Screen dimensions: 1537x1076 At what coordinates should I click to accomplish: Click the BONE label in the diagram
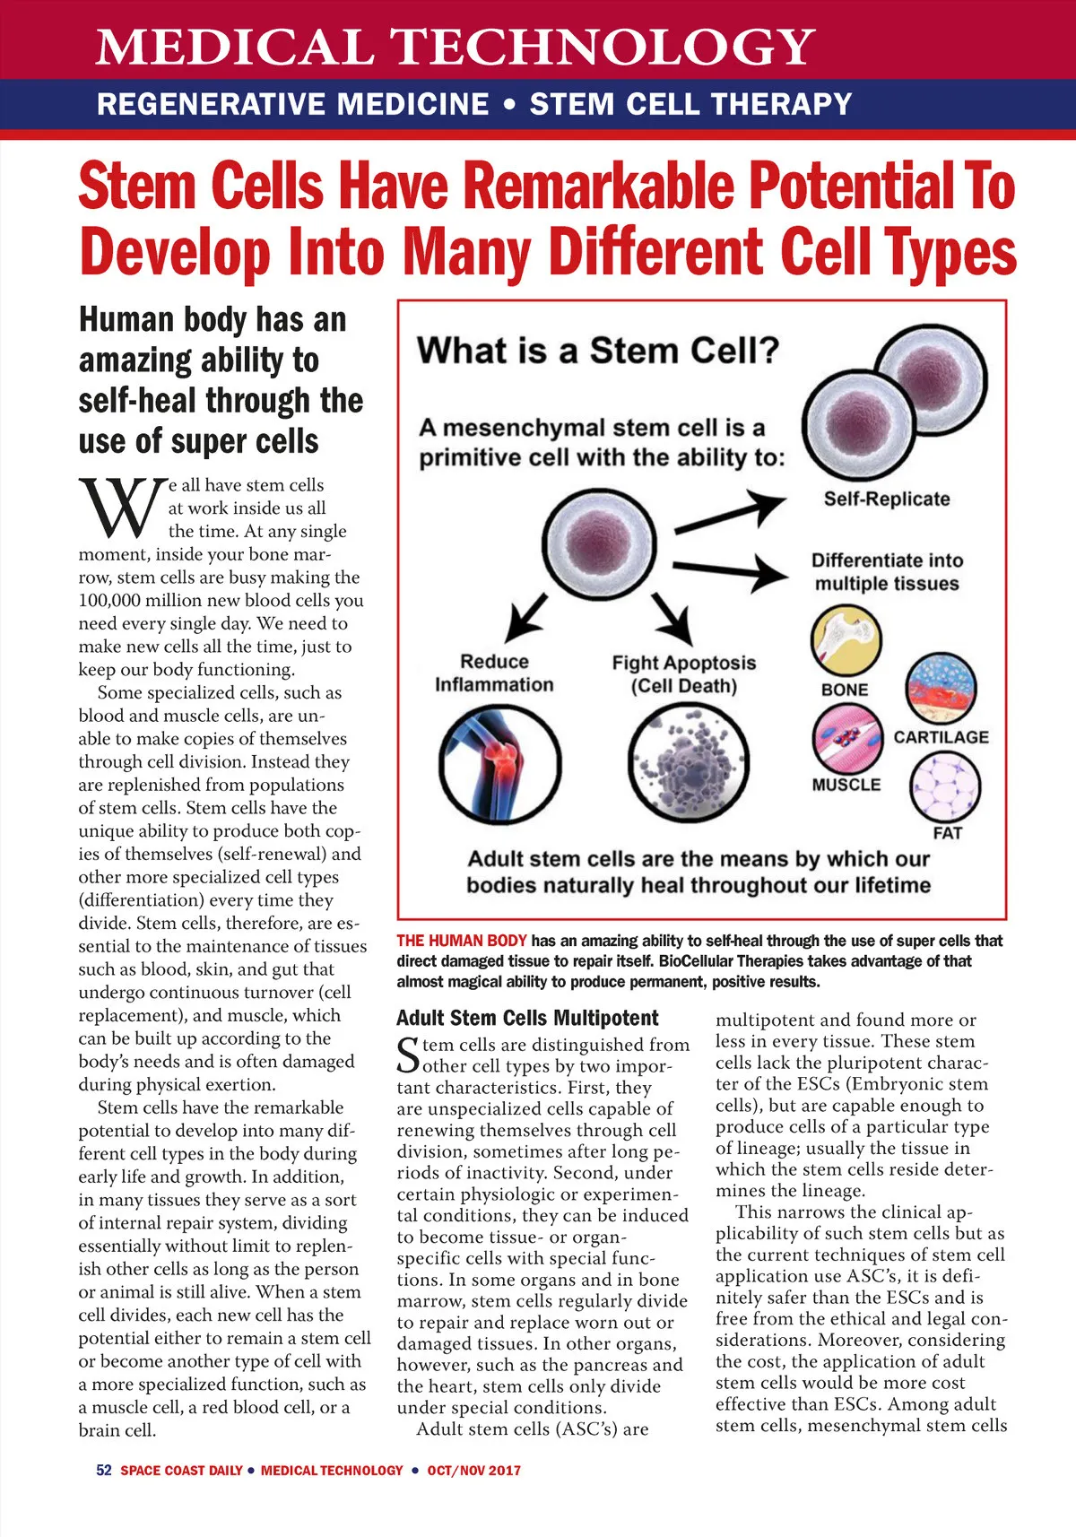[x=845, y=690]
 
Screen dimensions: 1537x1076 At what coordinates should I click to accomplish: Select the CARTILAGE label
[x=941, y=737]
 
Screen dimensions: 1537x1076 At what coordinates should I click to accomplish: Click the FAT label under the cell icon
[x=947, y=833]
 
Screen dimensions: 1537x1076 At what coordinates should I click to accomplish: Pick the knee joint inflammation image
[x=499, y=763]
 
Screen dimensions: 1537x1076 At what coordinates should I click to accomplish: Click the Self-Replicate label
[x=886, y=499]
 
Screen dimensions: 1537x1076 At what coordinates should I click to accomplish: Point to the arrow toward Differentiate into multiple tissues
[x=730, y=570]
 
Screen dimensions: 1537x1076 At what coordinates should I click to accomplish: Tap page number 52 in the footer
[x=104, y=1471]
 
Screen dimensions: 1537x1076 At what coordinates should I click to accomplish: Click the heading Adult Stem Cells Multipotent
[x=527, y=1018]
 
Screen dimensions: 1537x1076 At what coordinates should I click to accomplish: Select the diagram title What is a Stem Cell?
[x=598, y=350]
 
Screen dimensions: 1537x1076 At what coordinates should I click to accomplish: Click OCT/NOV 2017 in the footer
[x=473, y=1471]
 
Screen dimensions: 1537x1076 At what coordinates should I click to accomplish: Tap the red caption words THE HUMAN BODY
[x=462, y=941]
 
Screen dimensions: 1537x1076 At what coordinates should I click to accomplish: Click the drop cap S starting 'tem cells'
[x=408, y=1055]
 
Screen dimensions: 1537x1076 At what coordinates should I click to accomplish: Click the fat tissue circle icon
[x=945, y=786]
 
